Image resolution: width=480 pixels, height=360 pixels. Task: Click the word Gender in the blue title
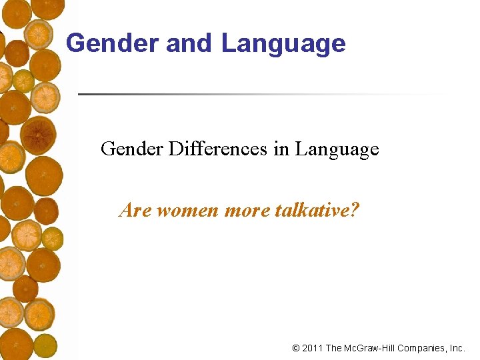(113, 43)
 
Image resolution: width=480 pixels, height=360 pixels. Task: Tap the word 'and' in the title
(189, 43)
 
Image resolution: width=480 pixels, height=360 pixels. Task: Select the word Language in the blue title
(283, 43)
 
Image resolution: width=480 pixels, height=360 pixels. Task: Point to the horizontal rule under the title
(260, 94)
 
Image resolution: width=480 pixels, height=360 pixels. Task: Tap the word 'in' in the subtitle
(281, 149)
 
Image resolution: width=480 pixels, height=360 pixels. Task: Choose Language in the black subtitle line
(337, 149)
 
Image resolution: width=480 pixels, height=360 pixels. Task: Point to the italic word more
(246, 211)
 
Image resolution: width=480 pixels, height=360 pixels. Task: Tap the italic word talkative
(310, 211)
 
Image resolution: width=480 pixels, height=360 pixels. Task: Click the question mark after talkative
(355, 211)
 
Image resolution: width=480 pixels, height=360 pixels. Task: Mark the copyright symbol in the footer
(296, 348)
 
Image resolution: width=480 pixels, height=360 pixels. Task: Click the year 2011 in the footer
(313, 348)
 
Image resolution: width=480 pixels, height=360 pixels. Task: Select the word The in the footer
(335, 348)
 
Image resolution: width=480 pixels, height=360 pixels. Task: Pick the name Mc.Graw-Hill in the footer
(373, 348)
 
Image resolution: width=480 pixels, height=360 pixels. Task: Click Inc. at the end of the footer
(458, 348)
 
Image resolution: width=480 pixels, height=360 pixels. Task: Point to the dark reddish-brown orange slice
(38, 135)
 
